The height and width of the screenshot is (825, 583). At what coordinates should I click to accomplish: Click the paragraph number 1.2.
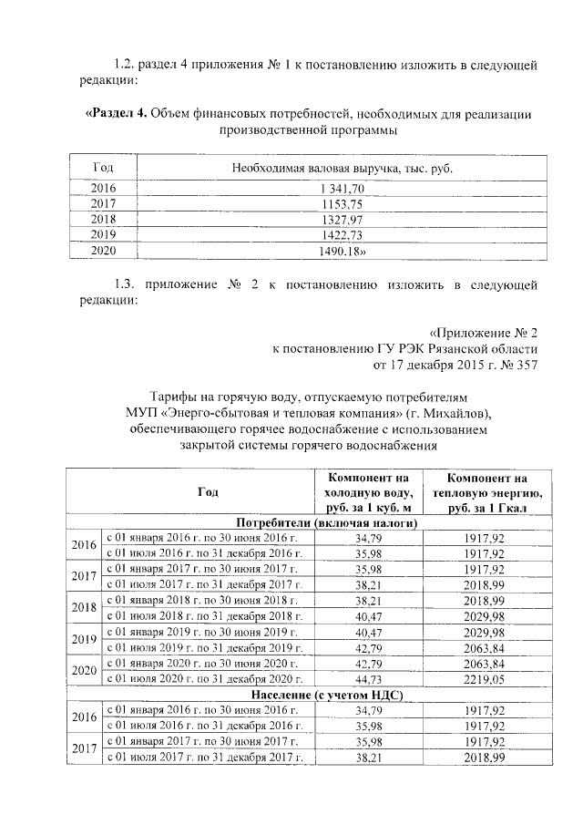125,65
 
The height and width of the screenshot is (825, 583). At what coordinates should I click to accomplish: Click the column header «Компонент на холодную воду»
369,493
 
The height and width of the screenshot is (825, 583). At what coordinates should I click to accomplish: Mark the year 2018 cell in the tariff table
84,607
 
